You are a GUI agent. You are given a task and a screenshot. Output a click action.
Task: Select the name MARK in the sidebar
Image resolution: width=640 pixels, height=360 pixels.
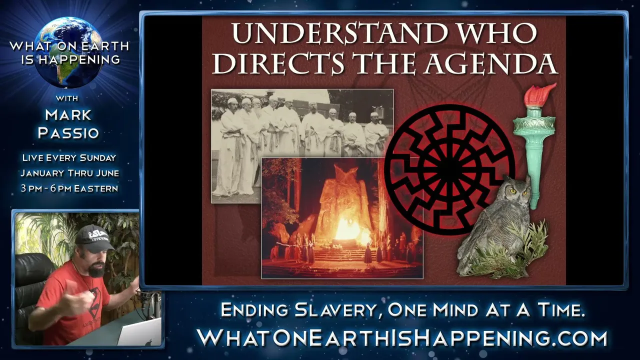pos(68,115)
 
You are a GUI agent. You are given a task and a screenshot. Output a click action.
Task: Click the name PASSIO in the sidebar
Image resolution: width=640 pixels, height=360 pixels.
pos(68,133)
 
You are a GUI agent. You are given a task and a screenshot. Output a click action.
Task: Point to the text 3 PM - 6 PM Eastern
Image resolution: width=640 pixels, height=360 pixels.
pos(69,188)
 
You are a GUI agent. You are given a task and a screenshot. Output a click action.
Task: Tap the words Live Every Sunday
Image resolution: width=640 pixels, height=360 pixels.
pos(69,157)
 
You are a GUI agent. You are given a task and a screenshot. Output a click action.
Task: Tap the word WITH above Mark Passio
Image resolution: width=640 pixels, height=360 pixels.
pos(67,98)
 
